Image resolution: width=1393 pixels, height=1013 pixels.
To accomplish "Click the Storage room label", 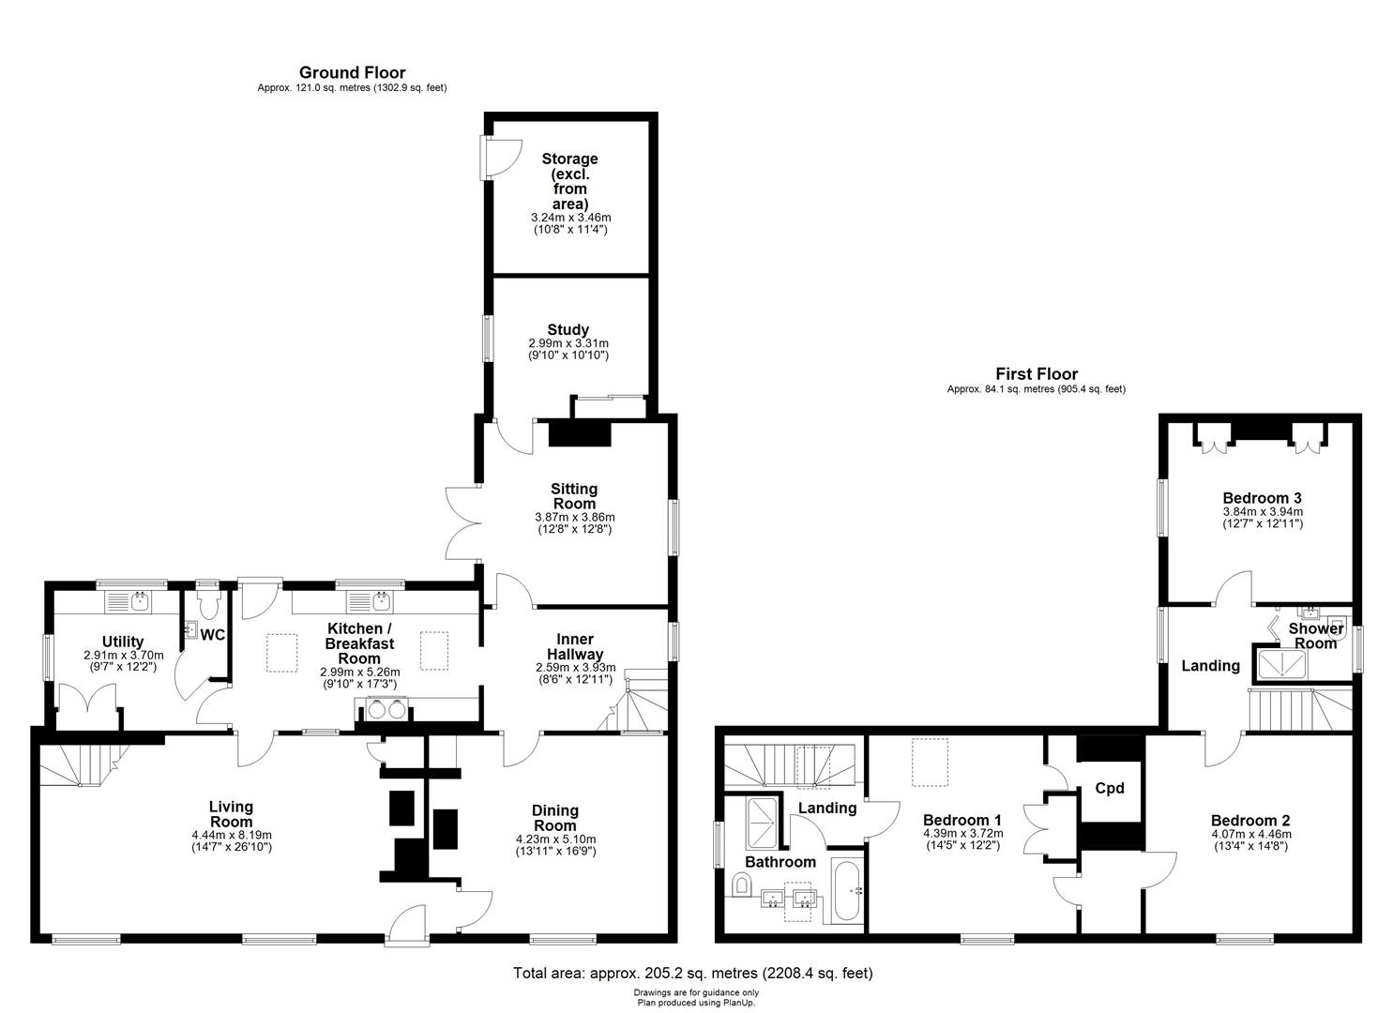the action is [x=569, y=181].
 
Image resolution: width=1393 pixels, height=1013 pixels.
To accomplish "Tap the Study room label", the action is [x=568, y=329].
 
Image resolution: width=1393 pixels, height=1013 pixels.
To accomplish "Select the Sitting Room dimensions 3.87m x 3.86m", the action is [x=575, y=517].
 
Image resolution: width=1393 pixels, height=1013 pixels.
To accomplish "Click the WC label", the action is [x=212, y=635].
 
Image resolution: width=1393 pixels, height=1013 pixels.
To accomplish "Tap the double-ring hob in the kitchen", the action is [x=387, y=709].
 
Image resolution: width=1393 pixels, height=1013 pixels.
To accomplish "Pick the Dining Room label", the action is [x=555, y=818].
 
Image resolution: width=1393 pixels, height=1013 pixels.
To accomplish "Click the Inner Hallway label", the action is [x=575, y=646].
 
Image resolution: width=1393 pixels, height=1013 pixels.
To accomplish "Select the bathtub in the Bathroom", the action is [x=846, y=890].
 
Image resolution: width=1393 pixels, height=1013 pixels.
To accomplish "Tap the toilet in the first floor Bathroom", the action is [x=741, y=884].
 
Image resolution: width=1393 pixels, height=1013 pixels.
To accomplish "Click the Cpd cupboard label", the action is [x=1110, y=789].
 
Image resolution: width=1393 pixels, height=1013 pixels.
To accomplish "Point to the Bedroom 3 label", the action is [x=1262, y=497].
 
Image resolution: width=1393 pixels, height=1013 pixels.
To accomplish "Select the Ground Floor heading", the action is [x=353, y=73].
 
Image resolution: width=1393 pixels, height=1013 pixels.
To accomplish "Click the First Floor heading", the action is [x=1037, y=373].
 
